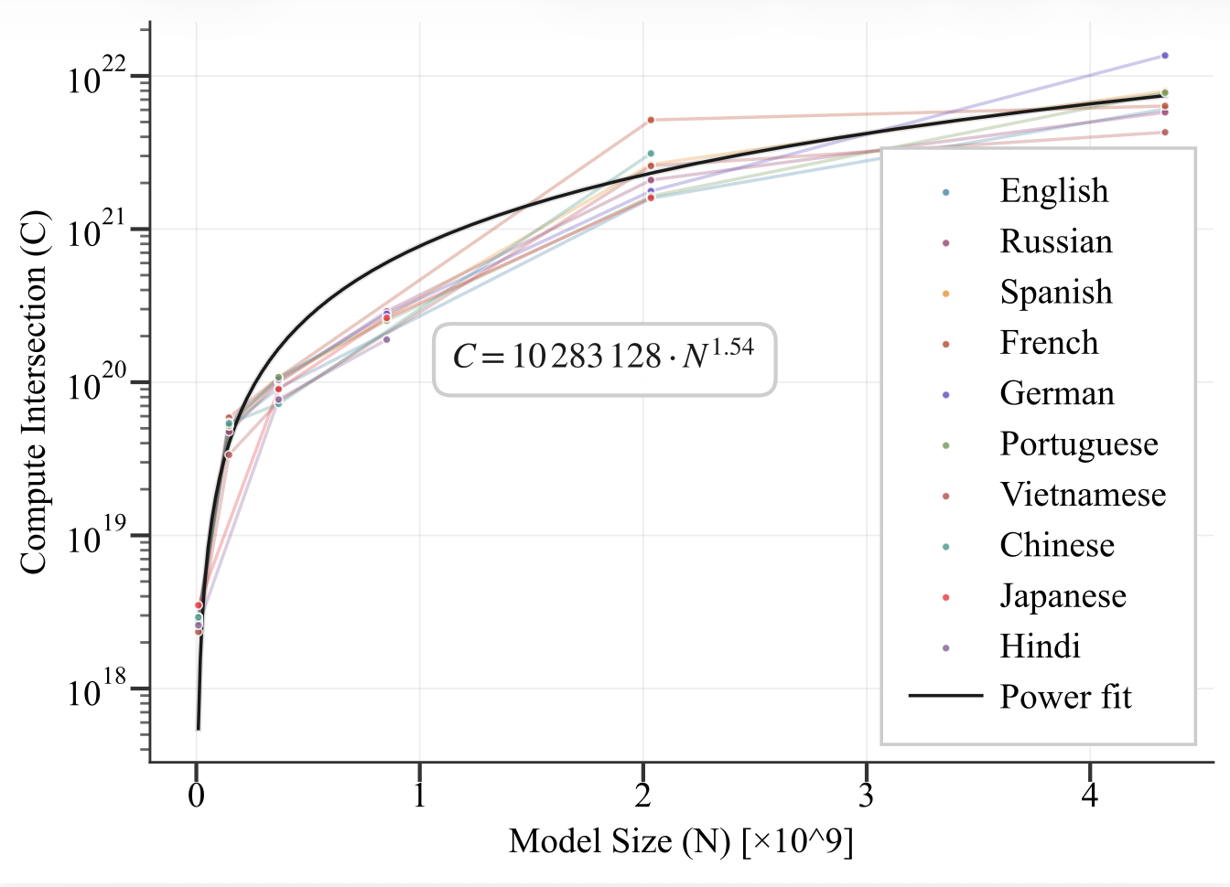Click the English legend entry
(x=1053, y=191)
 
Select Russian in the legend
(x=1056, y=241)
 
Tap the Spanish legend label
(x=1056, y=293)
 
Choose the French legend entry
(x=1049, y=343)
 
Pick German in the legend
(x=1057, y=393)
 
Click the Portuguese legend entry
(x=1079, y=444)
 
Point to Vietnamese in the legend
(x=1083, y=495)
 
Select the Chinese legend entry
(x=1057, y=545)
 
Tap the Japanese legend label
(x=1063, y=596)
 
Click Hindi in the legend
(x=1040, y=647)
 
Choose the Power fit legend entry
(x=1065, y=697)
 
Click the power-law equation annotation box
(x=604, y=358)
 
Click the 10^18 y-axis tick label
(x=96, y=690)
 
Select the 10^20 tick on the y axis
(x=96, y=384)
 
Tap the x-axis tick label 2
(x=643, y=795)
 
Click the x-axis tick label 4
(x=1089, y=795)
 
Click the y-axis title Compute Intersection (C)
(x=33, y=393)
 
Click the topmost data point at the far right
(x=1165, y=56)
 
